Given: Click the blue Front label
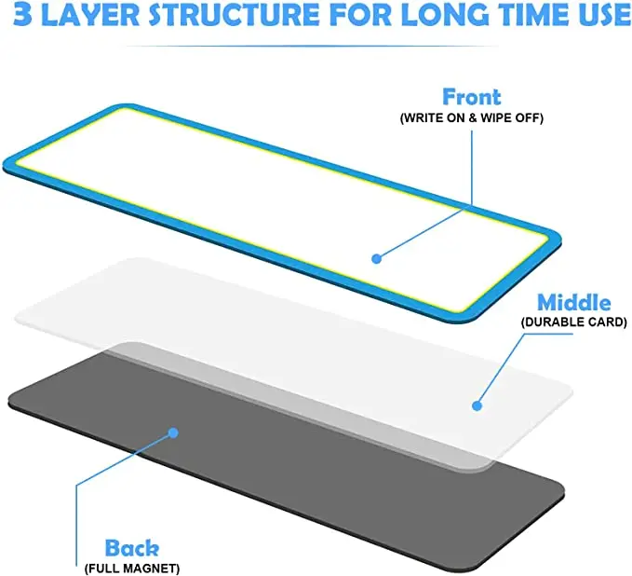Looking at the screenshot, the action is coord(471,97).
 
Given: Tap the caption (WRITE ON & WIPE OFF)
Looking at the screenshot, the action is coord(471,118).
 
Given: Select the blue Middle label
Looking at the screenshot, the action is coord(574,303).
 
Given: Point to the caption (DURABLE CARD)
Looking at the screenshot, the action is coord(574,322).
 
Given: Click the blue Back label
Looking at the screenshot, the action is coord(131,548).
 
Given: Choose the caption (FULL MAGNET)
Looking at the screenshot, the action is coord(131,568).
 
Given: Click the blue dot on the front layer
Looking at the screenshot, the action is coord(377,258).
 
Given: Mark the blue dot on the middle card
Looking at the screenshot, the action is coord(477,405).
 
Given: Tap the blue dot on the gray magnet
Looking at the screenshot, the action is coord(172,432).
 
